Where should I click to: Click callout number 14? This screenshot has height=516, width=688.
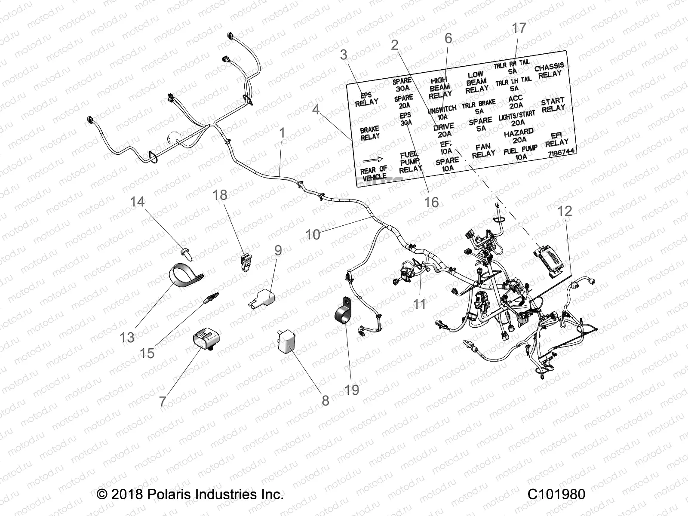(x=138, y=201)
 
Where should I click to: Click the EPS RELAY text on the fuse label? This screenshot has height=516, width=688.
(x=366, y=98)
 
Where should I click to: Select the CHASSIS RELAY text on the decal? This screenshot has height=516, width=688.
(x=549, y=70)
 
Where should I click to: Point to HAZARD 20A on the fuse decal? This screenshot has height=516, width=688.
(x=519, y=135)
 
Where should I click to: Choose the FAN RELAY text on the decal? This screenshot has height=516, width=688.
(x=483, y=150)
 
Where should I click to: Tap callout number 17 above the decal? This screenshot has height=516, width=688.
(x=519, y=28)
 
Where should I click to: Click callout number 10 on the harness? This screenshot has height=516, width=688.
(x=313, y=234)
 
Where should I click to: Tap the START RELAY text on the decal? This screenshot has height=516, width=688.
(x=553, y=105)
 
